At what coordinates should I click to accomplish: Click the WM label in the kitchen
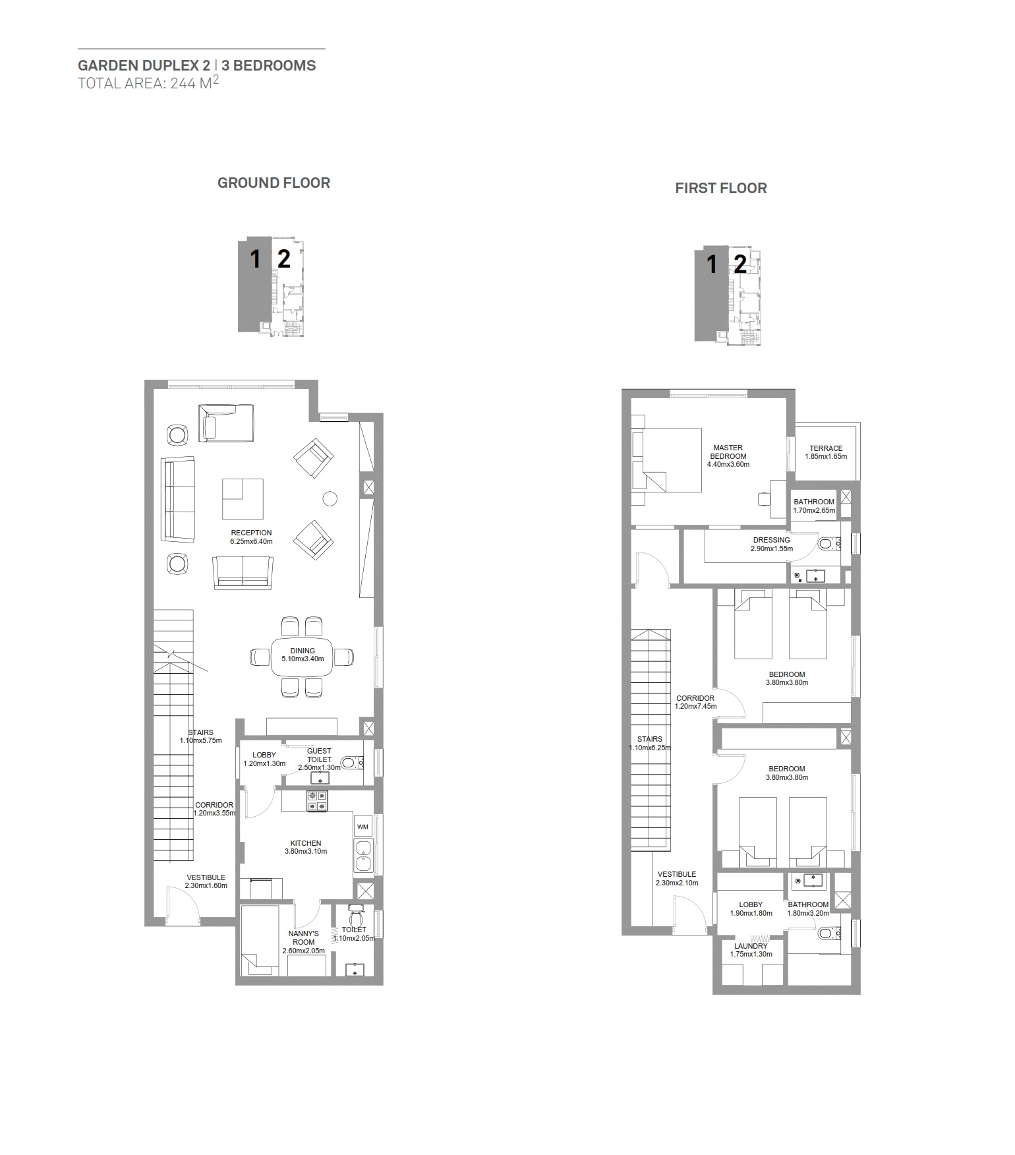(x=362, y=826)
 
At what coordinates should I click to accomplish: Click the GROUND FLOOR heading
(x=274, y=183)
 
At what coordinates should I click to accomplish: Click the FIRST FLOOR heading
(x=720, y=189)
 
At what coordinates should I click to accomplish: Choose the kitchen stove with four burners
(x=316, y=801)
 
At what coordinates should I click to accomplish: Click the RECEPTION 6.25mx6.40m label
(x=251, y=537)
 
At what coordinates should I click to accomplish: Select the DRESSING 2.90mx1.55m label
(x=771, y=544)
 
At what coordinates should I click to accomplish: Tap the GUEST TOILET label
(x=319, y=759)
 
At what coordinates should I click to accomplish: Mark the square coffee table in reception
(x=243, y=498)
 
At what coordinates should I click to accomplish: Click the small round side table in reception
(x=330, y=498)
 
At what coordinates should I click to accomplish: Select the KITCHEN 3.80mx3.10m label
(x=306, y=847)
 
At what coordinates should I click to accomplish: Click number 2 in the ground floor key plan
(x=283, y=258)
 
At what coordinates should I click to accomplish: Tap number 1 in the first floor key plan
(x=712, y=264)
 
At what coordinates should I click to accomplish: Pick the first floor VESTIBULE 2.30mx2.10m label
(x=677, y=878)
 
